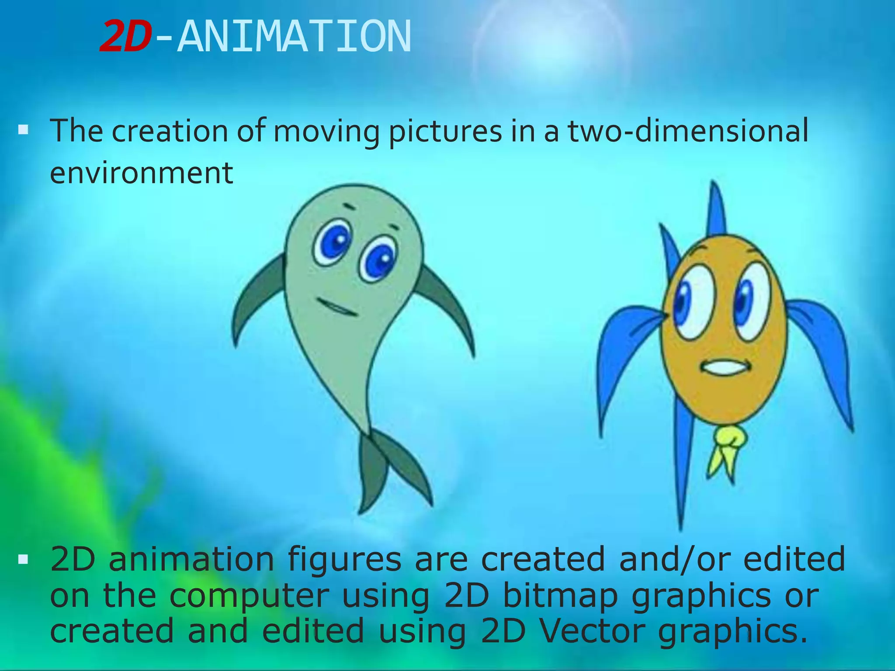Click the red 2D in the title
125,37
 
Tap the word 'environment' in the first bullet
141,173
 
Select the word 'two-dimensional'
688,131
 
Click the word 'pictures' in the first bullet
445,131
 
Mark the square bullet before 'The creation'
24,130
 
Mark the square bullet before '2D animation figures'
24,559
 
